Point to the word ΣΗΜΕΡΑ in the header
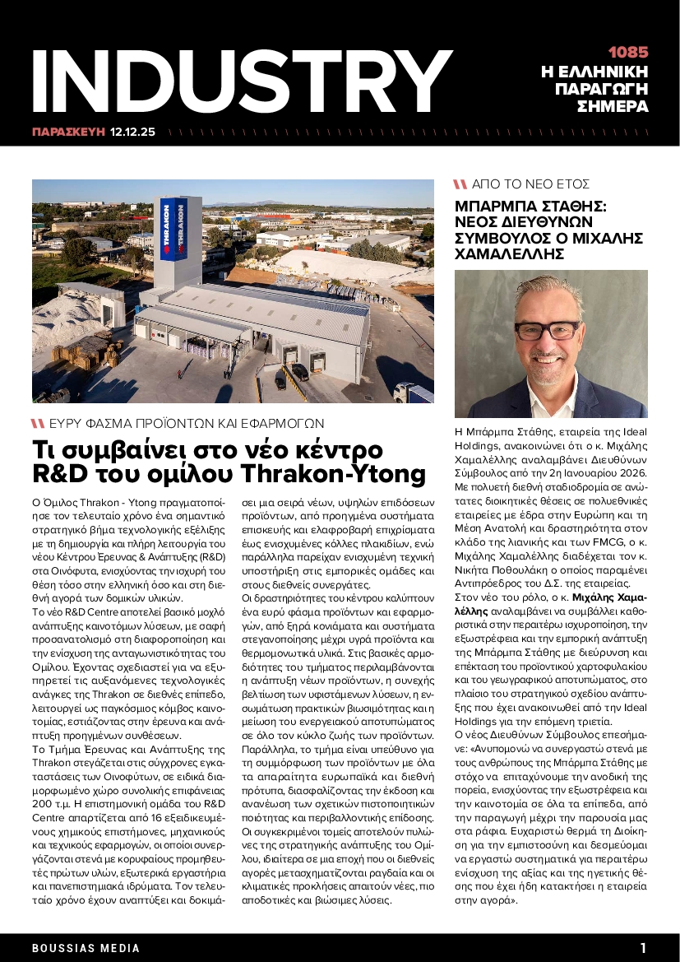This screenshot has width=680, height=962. pyautogui.click(x=613, y=106)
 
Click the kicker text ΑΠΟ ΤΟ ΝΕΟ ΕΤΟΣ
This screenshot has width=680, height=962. pyautogui.click(x=531, y=184)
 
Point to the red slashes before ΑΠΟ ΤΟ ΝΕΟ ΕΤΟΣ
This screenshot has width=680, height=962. pyautogui.click(x=460, y=184)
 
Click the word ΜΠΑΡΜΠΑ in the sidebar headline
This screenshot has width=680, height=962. pyautogui.click(x=498, y=205)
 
